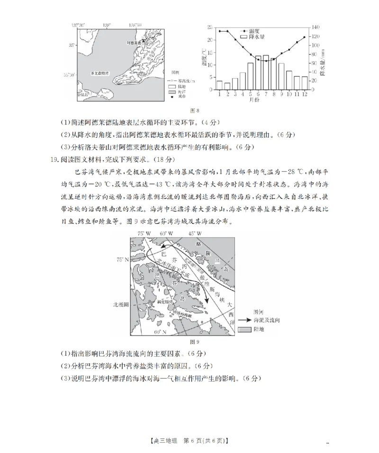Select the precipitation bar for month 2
[227, 86]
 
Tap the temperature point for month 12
[304, 37]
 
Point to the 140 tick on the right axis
[316, 27]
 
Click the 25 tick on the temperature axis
[209, 27]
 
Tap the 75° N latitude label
[123, 259]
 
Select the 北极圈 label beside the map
[120, 305]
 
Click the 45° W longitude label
[195, 233]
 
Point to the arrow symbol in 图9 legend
[245, 320]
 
